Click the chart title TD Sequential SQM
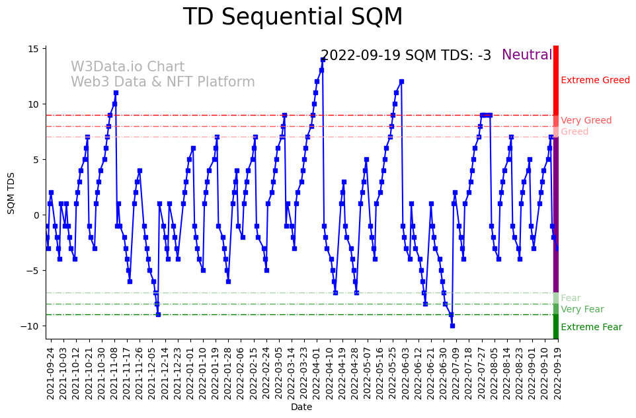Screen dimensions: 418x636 point(292,17)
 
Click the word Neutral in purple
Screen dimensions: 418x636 point(526,55)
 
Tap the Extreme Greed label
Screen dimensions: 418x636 point(595,81)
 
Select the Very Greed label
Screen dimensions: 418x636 point(586,121)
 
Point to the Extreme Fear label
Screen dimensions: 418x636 point(591,327)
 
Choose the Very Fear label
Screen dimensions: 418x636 point(582,310)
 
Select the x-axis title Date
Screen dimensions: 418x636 point(301,407)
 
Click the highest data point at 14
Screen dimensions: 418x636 point(323,59)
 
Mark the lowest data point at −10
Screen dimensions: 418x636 point(452,326)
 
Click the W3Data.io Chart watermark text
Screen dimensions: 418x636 point(128,67)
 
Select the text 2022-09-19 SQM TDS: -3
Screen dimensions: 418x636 point(405,55)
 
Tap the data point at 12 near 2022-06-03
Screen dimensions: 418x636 point(401,82)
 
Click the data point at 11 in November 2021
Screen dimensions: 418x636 point(116,92)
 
